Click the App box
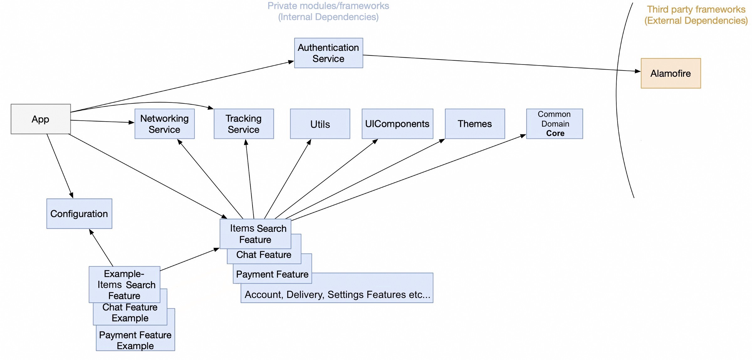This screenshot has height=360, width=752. (x=41, y=119)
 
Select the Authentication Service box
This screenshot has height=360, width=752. (x=328, y=53)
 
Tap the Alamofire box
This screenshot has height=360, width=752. (x=671, y=73)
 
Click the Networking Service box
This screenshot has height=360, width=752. (x=164, y=124)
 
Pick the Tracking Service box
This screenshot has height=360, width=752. (x=243, y=124)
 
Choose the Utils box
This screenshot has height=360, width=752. (x=320, y=124)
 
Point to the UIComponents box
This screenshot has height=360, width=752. (x=397, y=124)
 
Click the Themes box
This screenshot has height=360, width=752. (x=475, y=124)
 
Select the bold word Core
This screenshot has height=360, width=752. (x=555, y=133)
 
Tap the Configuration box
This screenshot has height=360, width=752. (x=79, y=214)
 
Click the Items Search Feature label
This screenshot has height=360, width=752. (x=258, y=234)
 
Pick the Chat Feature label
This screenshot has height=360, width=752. (x=264, y=255)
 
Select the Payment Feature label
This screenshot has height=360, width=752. (x=272, y=274)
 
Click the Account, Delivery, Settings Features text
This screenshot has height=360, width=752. (x=337, y=295)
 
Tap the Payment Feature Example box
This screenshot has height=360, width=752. (x=135, y=340)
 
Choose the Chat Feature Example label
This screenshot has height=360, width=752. (x=130, y=313)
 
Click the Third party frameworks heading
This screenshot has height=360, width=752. (x=696, y=15)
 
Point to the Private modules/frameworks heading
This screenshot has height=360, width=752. (x=328, y=11)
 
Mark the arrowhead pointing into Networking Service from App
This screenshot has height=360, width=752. (x=132, y=122)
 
